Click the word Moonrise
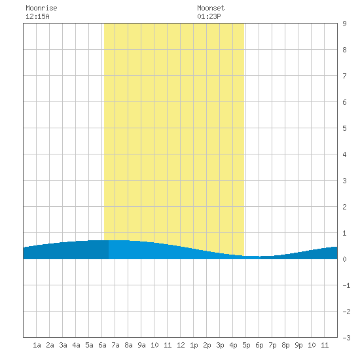click(x=41, y=8)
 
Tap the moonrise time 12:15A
click(x=37, y=16)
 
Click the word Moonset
click(x=211, y=8)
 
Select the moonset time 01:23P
click(x=209, y=16)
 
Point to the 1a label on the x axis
click(x=37, y=345)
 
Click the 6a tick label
click(x=102, y=345)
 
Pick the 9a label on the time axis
click(x=141, y=345)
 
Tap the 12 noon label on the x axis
click(x=181, y=345)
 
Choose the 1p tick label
click(x=194, y=345)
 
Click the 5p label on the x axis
click(x=246, y=345)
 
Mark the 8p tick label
click(x=285, y=345)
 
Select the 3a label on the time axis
click(x=63, y=345)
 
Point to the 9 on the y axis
click(x=344, y=24)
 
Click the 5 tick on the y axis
click(x=344, y=128)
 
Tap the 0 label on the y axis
click(x=344, y=259)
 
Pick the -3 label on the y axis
click(x=346, y=338)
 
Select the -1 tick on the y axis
click(x=346, y=285)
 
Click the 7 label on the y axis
click(x=344, y=76)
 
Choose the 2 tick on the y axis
click(x=344, y=207)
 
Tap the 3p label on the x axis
click(x=220, y=345)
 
